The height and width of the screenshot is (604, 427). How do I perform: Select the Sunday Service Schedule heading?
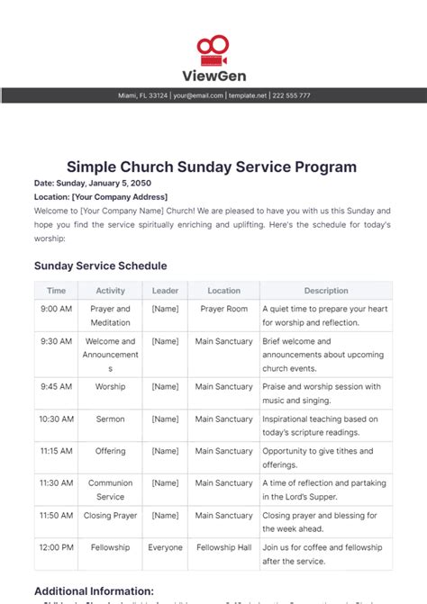(x=100, y=266)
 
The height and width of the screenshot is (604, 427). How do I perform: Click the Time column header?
(x=56, y=291)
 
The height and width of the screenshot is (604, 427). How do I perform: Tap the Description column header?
(x=326, y=291)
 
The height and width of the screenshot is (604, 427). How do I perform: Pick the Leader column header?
(x=165, y=291)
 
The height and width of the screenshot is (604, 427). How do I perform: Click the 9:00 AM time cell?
(x=56, y=309)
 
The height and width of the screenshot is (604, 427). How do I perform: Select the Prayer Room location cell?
(x=223, y=309)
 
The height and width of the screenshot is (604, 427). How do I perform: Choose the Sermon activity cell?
(x=111, y=419)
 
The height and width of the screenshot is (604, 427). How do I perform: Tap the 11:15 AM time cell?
(x=56, y=451)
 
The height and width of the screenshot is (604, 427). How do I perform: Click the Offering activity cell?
(x=111, y=451)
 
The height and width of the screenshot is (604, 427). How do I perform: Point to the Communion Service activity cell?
(x=111, y=490)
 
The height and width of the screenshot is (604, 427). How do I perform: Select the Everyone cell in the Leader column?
(x=165, y=547)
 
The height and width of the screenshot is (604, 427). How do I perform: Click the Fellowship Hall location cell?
(x=223, y=547)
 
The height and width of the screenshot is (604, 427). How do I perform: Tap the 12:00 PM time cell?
(x=56, y=547)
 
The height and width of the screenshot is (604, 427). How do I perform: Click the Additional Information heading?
(x=94, y=591)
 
